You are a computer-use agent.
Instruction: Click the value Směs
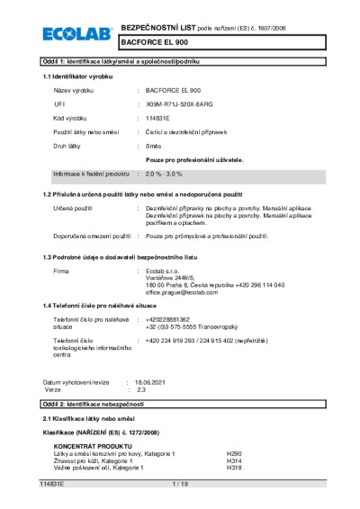pyautogui.click(x=154, y=146)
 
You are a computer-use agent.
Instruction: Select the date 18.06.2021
pyautogui.click(x=151, y=384)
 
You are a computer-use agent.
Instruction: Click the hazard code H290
pyautogui.click(x=234, y=453)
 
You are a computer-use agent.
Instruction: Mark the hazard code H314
pyautogui.click(x=234, y=460)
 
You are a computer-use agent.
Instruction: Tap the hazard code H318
pyautogui.click(x=234, y=468)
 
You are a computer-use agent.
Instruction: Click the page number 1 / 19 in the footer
pyautogui.click(x=179, y=485)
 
